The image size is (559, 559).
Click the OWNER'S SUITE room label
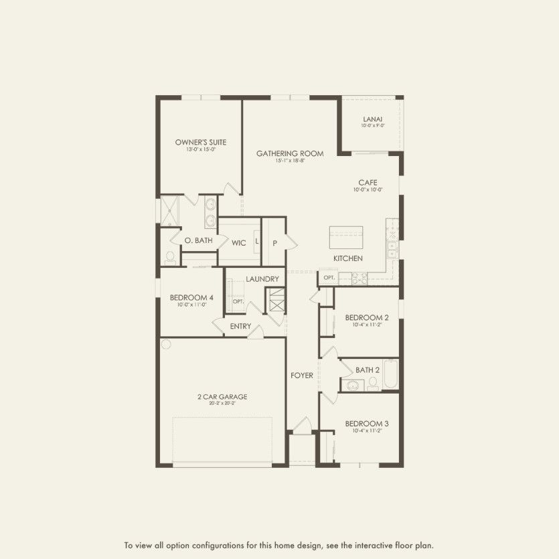tap(200, 142)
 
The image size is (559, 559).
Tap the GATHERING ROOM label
tap(290, 153)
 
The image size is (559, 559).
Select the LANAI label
tap(373, 120)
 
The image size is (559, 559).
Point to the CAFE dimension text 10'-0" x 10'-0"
tap(368, 190)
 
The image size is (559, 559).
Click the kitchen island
tap(346, 238)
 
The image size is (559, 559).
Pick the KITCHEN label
tap(348, 258)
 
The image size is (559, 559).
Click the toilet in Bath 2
tap(373, 383)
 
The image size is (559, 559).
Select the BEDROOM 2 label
tap(367, 317)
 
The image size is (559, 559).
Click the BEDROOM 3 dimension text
tap(367, 432)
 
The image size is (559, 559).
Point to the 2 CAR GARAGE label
tap(222, 397)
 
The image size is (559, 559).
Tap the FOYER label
tap(301, 376)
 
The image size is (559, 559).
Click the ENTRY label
tap(240, 327)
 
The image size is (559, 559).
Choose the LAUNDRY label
tap(262, 278)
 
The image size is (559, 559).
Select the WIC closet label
tap(239, 242)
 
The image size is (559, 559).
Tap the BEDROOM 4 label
tap(191, 298)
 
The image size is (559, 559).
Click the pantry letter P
tap(274, 242)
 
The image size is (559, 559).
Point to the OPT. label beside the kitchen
tap(328, 277)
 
